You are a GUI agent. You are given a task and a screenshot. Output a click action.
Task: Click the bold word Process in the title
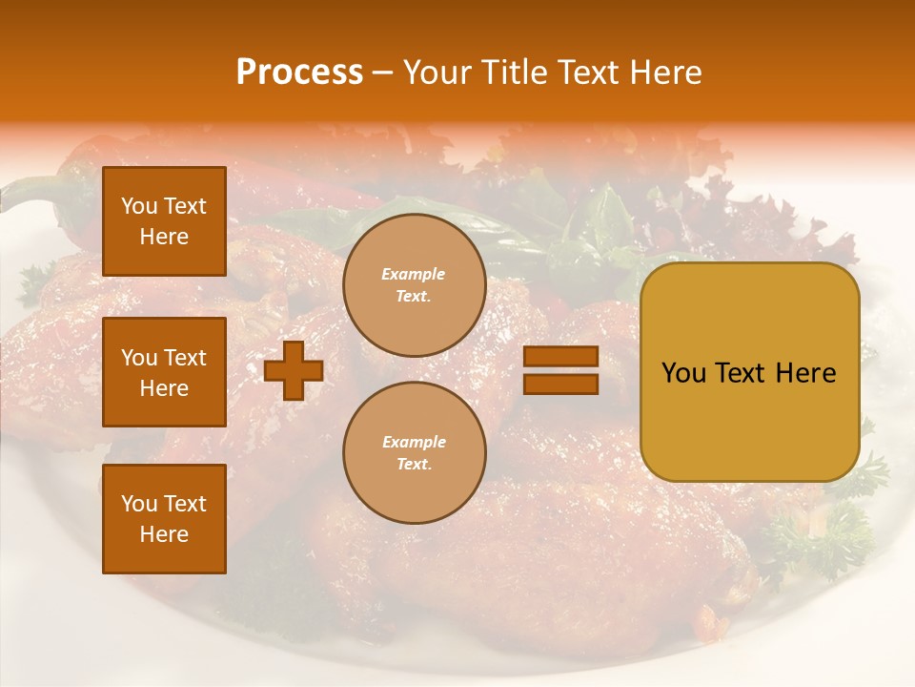(x=299, y=73)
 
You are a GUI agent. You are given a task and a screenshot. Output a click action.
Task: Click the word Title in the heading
(x=515, y=73)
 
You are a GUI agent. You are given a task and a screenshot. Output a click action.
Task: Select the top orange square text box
(x=164, y=221)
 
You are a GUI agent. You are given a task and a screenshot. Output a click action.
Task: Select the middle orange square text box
(x=164, y=372)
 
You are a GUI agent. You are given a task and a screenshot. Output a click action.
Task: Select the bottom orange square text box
(x=164, y=518)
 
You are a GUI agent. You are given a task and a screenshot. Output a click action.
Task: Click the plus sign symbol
(x=294, y=370)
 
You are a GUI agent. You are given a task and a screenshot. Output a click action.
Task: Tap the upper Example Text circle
(x=414, y=285)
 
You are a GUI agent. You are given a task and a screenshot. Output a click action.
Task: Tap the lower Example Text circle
(x=414, y=452)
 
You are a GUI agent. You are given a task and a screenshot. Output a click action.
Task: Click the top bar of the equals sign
(x=560, y=356)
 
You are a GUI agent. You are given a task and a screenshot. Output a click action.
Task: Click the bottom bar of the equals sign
(x=560, y=384)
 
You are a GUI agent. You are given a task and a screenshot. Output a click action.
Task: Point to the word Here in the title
(x=667, y=73)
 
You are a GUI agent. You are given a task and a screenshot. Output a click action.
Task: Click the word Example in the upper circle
(x=413, y=274)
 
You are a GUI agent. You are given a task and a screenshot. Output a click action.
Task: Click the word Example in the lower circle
(x=413, y=442)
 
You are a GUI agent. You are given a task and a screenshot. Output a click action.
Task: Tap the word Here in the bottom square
(x=164, y=534)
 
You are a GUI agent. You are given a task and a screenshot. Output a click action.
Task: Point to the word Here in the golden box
(x=806, y=373)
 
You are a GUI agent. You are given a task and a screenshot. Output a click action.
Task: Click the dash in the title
(x=383, y=73)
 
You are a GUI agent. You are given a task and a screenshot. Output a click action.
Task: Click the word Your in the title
(x=437, y=73)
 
